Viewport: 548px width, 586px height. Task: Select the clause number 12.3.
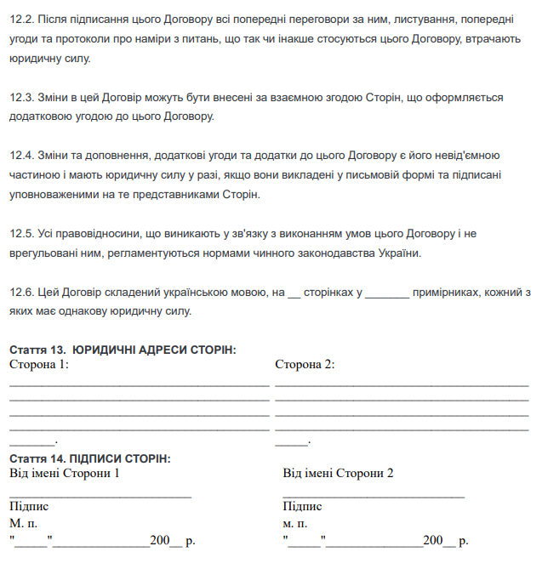20,99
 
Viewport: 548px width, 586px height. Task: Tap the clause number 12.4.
20,156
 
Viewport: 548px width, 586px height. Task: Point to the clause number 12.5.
20,233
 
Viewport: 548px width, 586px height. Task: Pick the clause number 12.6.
20,292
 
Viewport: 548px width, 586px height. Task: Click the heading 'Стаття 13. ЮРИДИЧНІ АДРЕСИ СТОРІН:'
123,350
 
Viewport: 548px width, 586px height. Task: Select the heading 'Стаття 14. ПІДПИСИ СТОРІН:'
89,458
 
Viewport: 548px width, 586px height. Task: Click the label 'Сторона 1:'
39,364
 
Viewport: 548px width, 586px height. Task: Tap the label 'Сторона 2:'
305,364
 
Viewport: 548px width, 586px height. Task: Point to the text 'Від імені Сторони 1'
65,473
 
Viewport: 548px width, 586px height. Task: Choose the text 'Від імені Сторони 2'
338,473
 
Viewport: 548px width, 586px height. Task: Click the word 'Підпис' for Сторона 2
302,507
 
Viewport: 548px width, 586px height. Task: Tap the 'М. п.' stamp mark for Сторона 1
24,523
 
